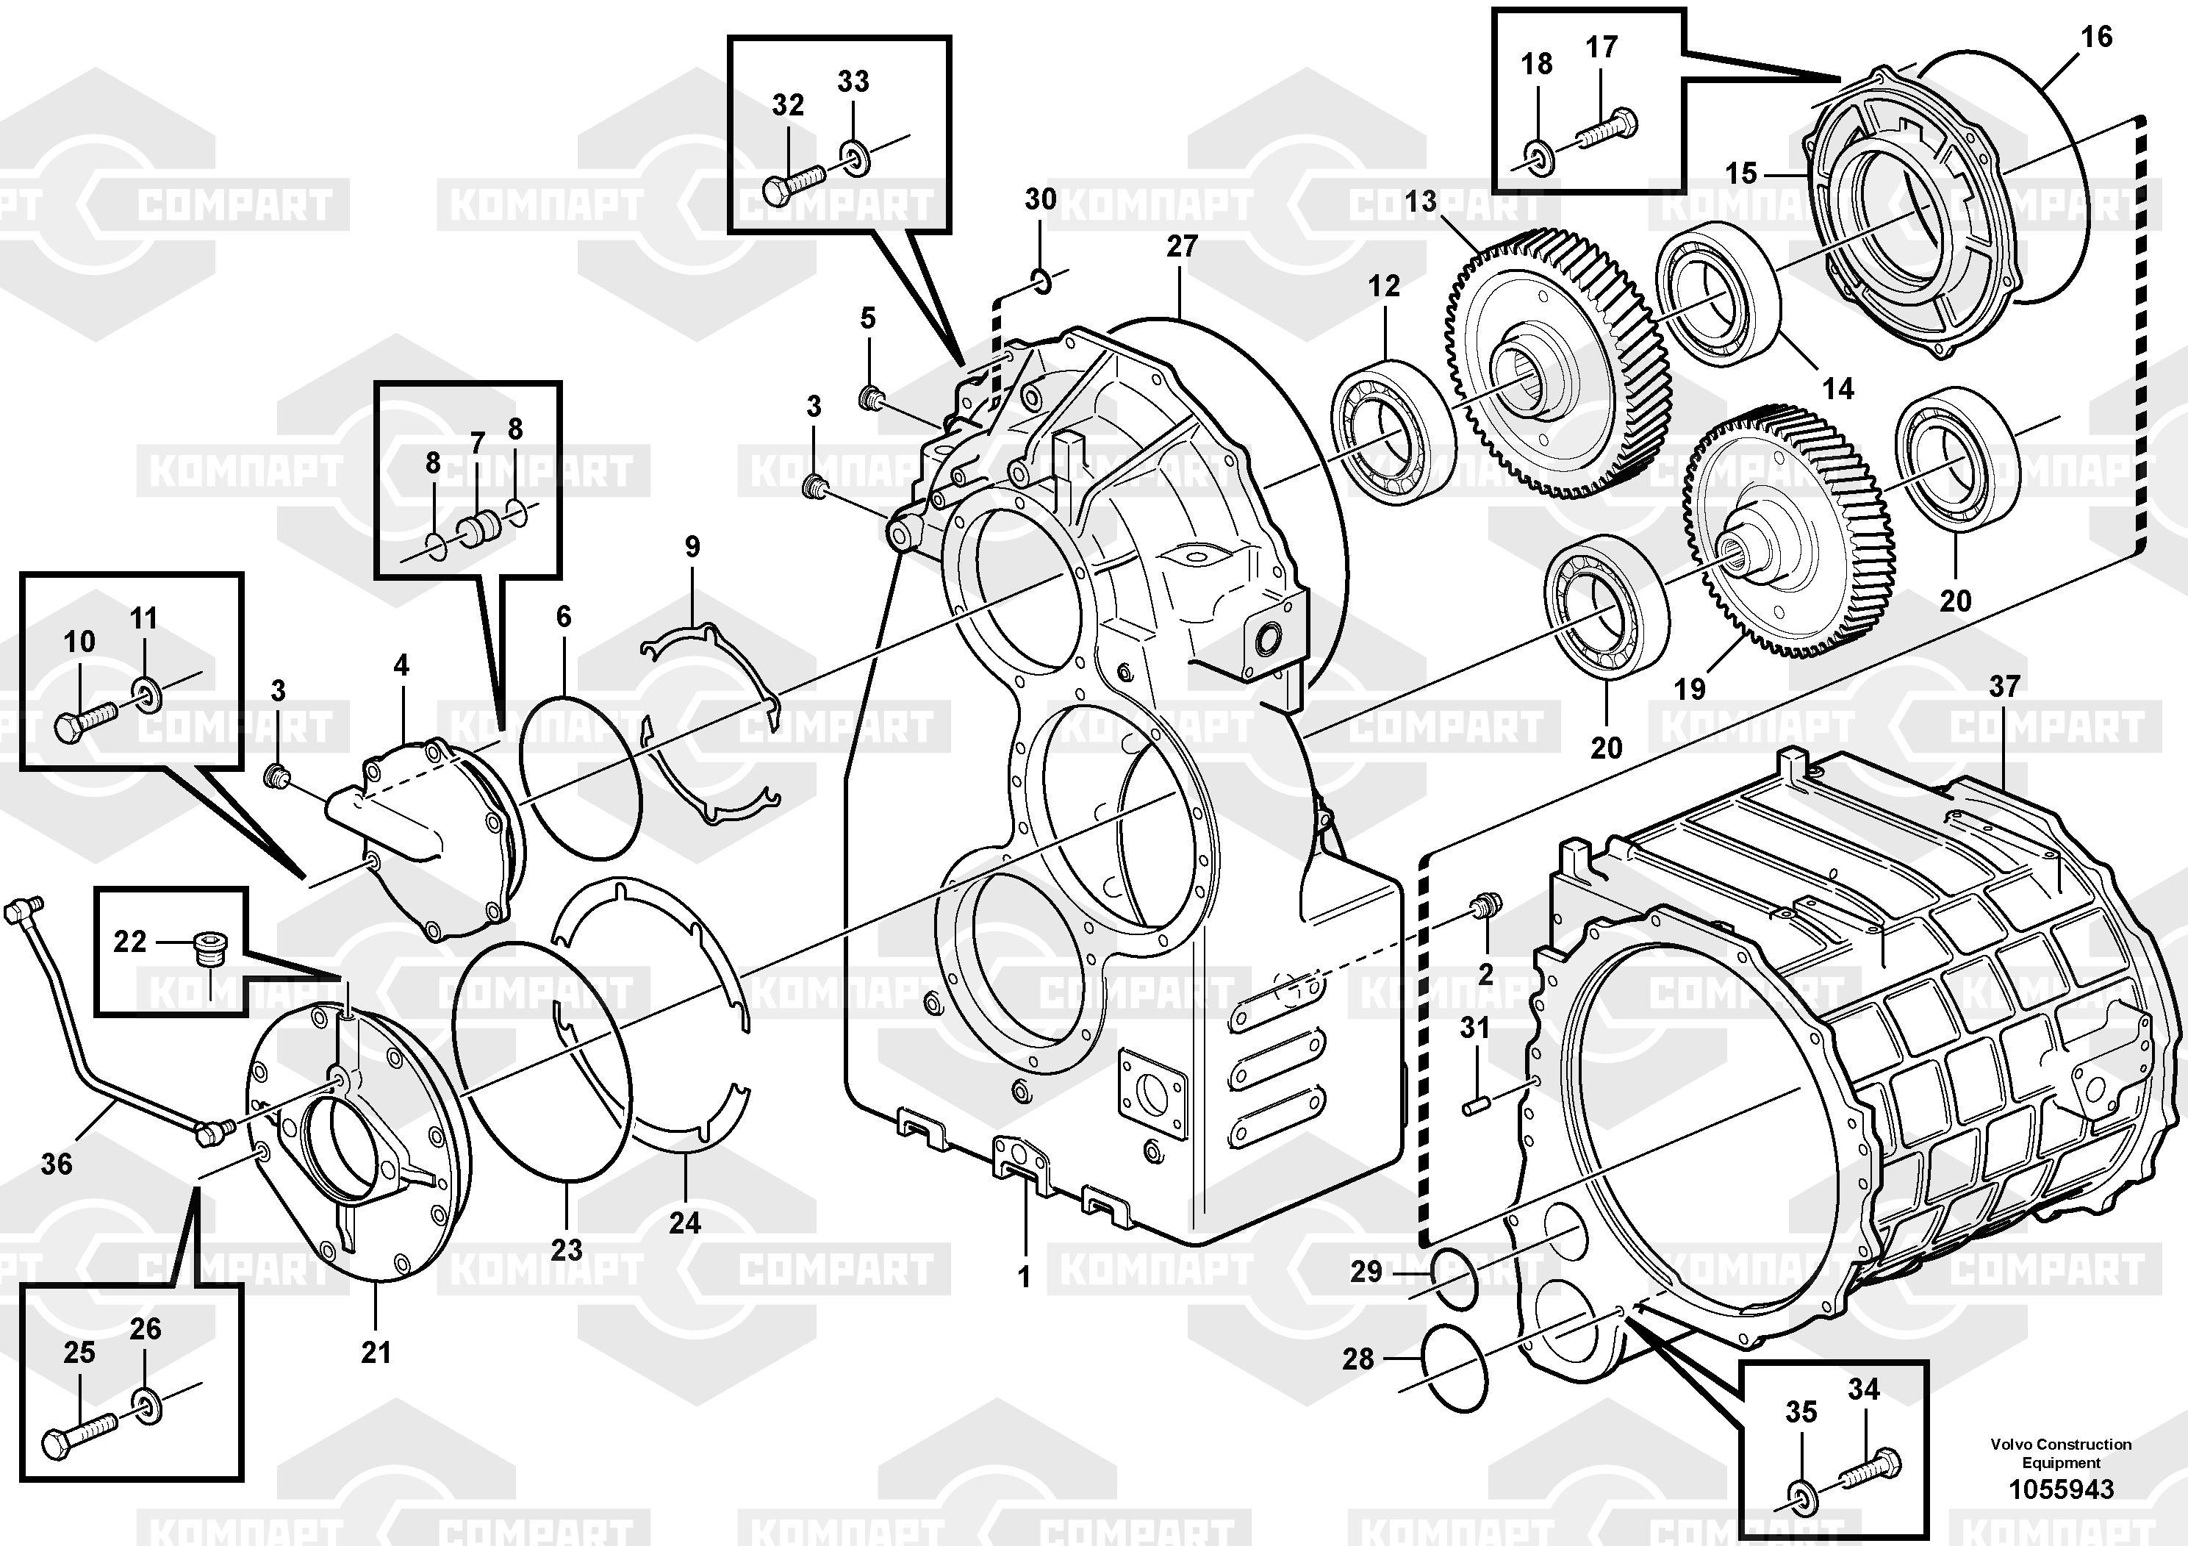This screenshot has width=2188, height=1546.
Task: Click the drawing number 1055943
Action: [2062, 1489]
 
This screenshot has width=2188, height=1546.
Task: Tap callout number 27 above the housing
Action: [1182, 246]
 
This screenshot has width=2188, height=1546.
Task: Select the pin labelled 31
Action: [1475, 1106]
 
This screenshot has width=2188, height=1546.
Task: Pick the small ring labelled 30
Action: [1041, 279]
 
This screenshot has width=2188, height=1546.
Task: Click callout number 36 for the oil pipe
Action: [56, 1163]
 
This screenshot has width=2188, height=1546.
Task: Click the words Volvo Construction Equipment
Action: [2062, 1453]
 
